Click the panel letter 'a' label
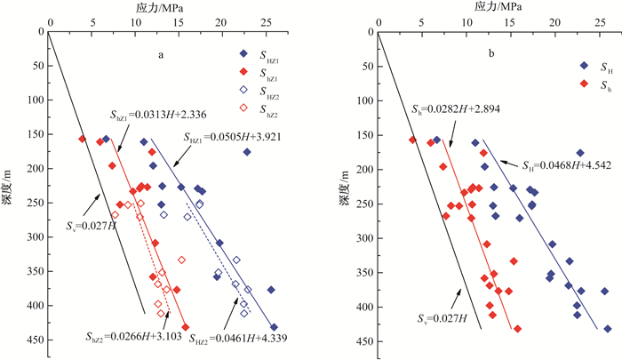point(160,55)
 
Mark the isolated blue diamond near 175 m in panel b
point(580,154)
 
